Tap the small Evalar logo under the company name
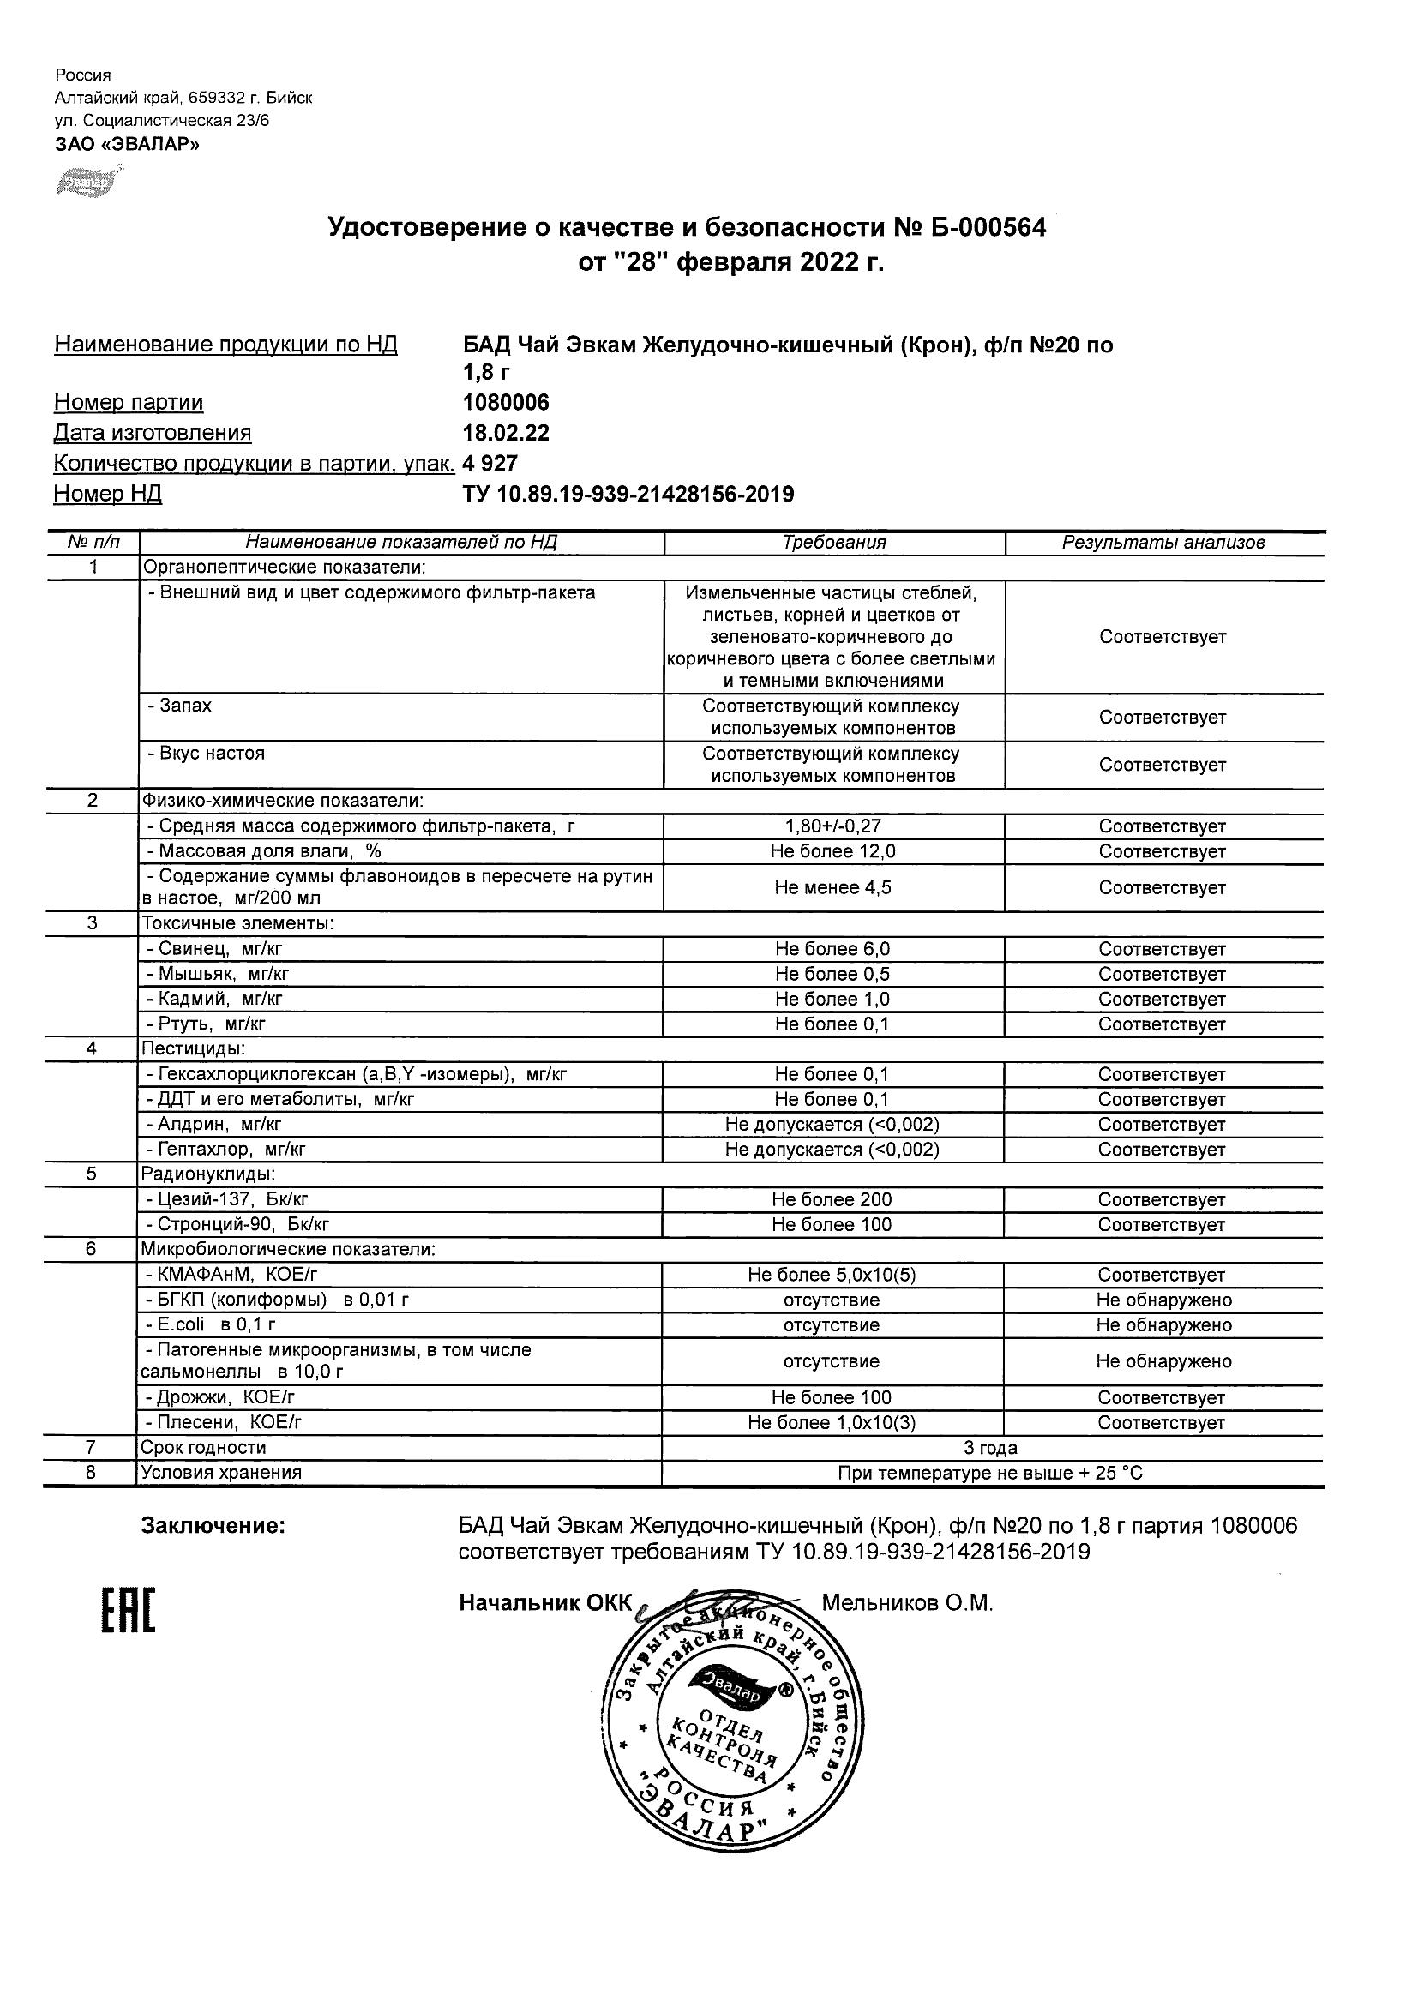[87, 181]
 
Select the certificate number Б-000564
[987, 228]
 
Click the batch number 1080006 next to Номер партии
[506, 403]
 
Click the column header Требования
[833, 543]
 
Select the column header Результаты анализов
[1163, 543]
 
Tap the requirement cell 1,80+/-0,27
[833, 826]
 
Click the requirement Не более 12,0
[833, 852]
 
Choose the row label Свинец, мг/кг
[214, 949]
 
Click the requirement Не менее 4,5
[833, 887]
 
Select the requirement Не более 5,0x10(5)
[832, 1276]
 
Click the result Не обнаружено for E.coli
[1163, 1325]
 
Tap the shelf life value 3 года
[991, 1448]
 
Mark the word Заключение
[213, 1526]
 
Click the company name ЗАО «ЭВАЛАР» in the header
[128, 144]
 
